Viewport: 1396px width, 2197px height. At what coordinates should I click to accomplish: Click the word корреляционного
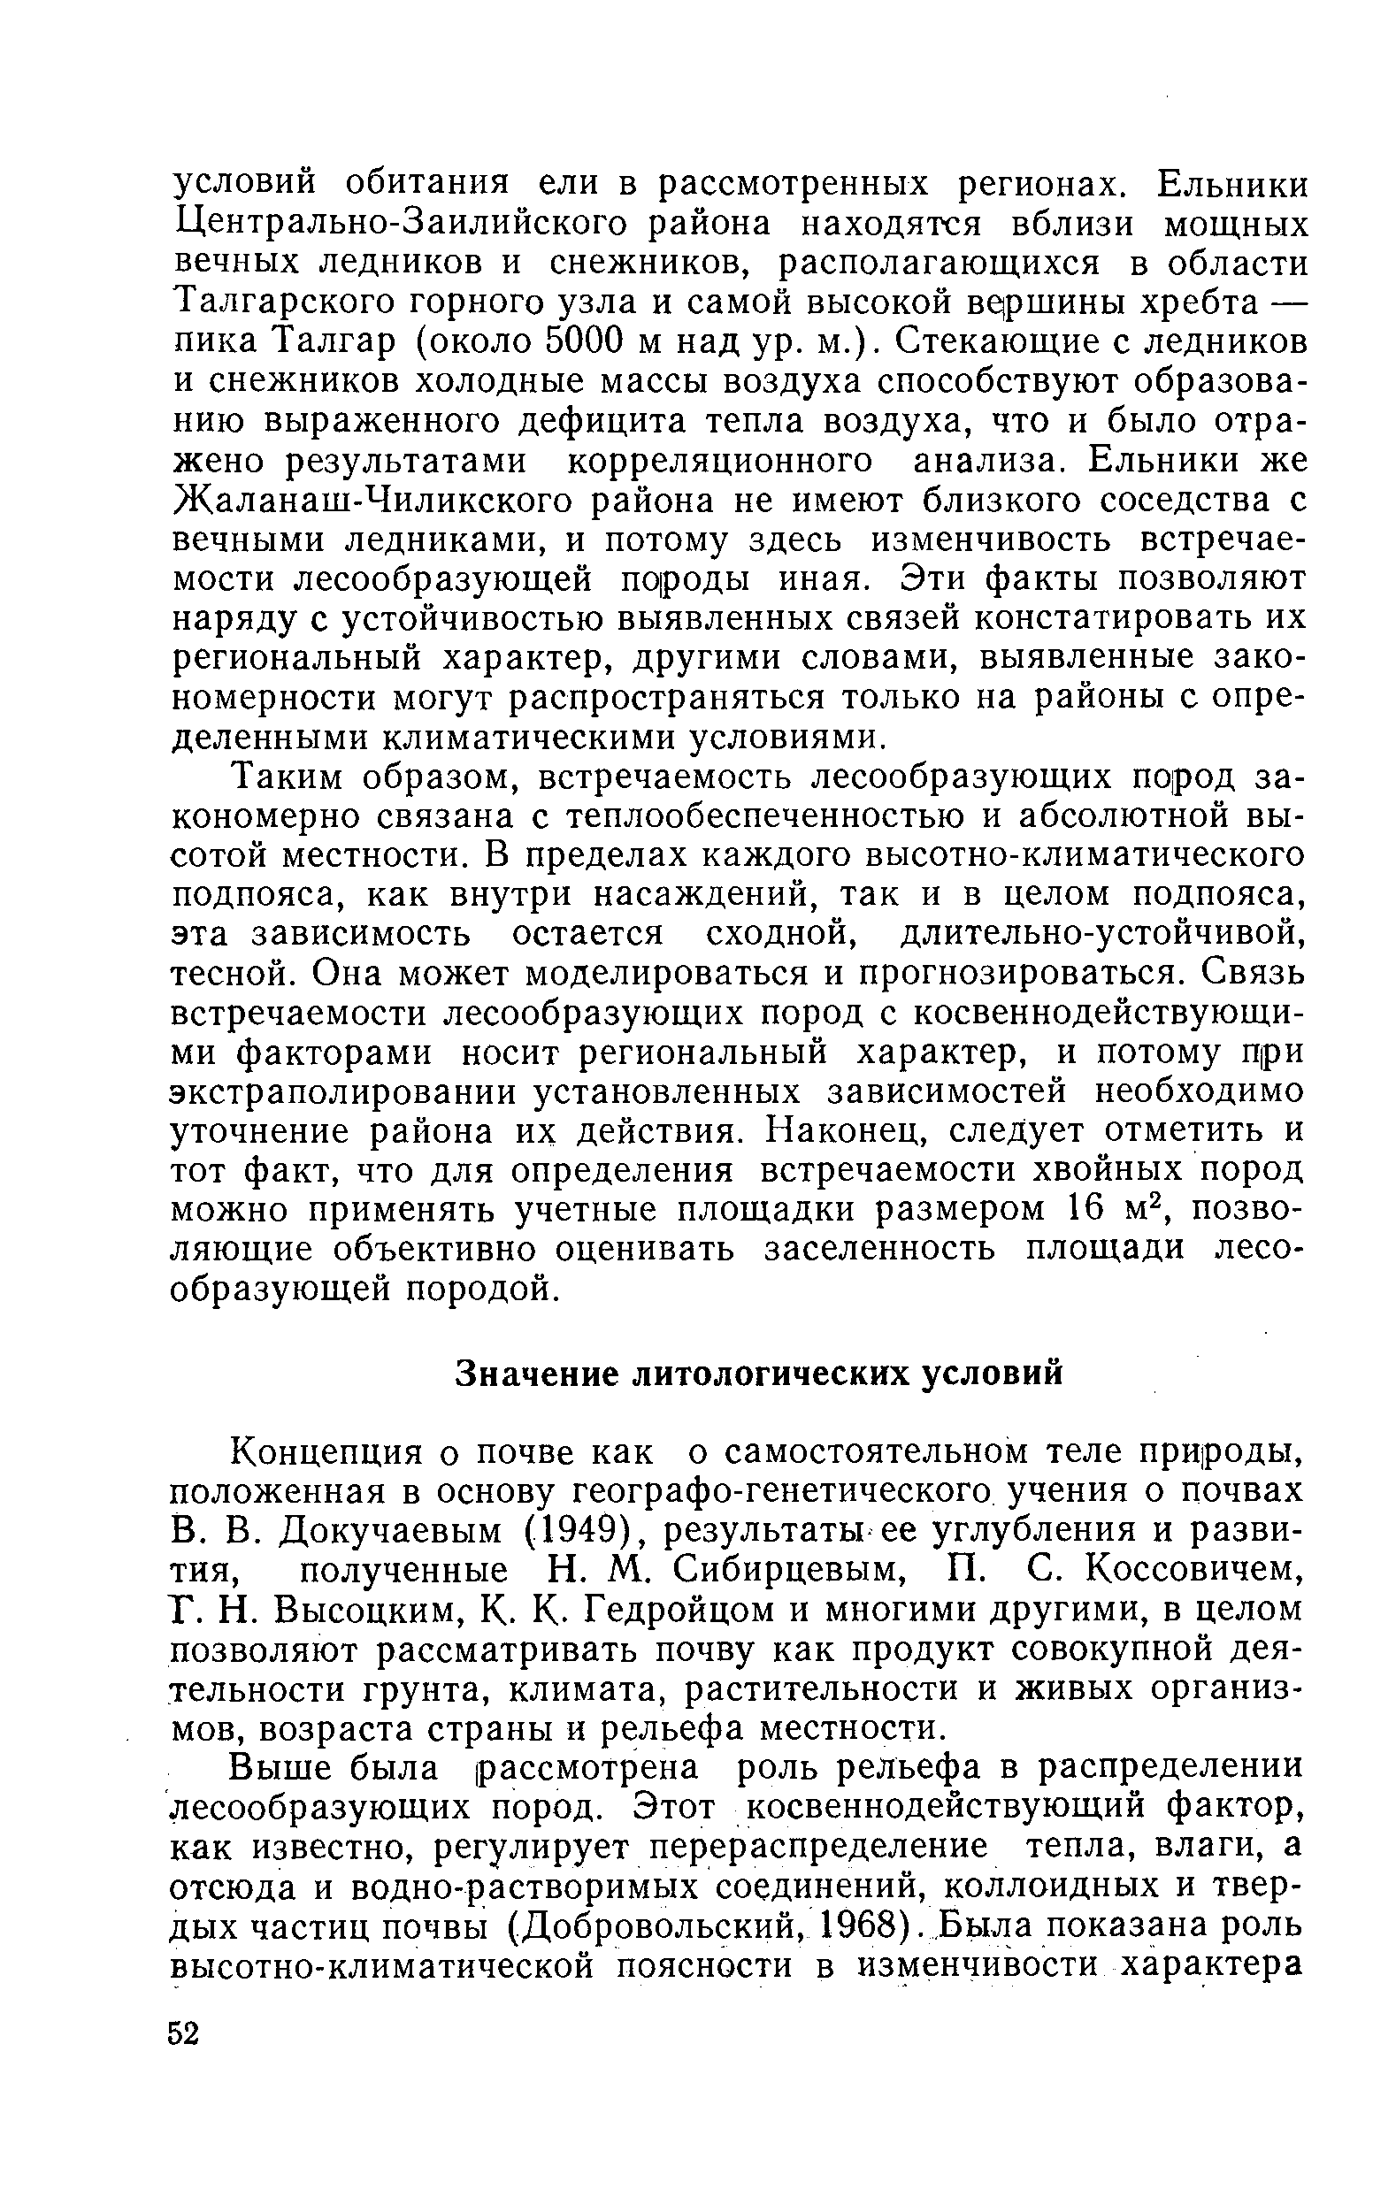(x=721, y=462)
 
